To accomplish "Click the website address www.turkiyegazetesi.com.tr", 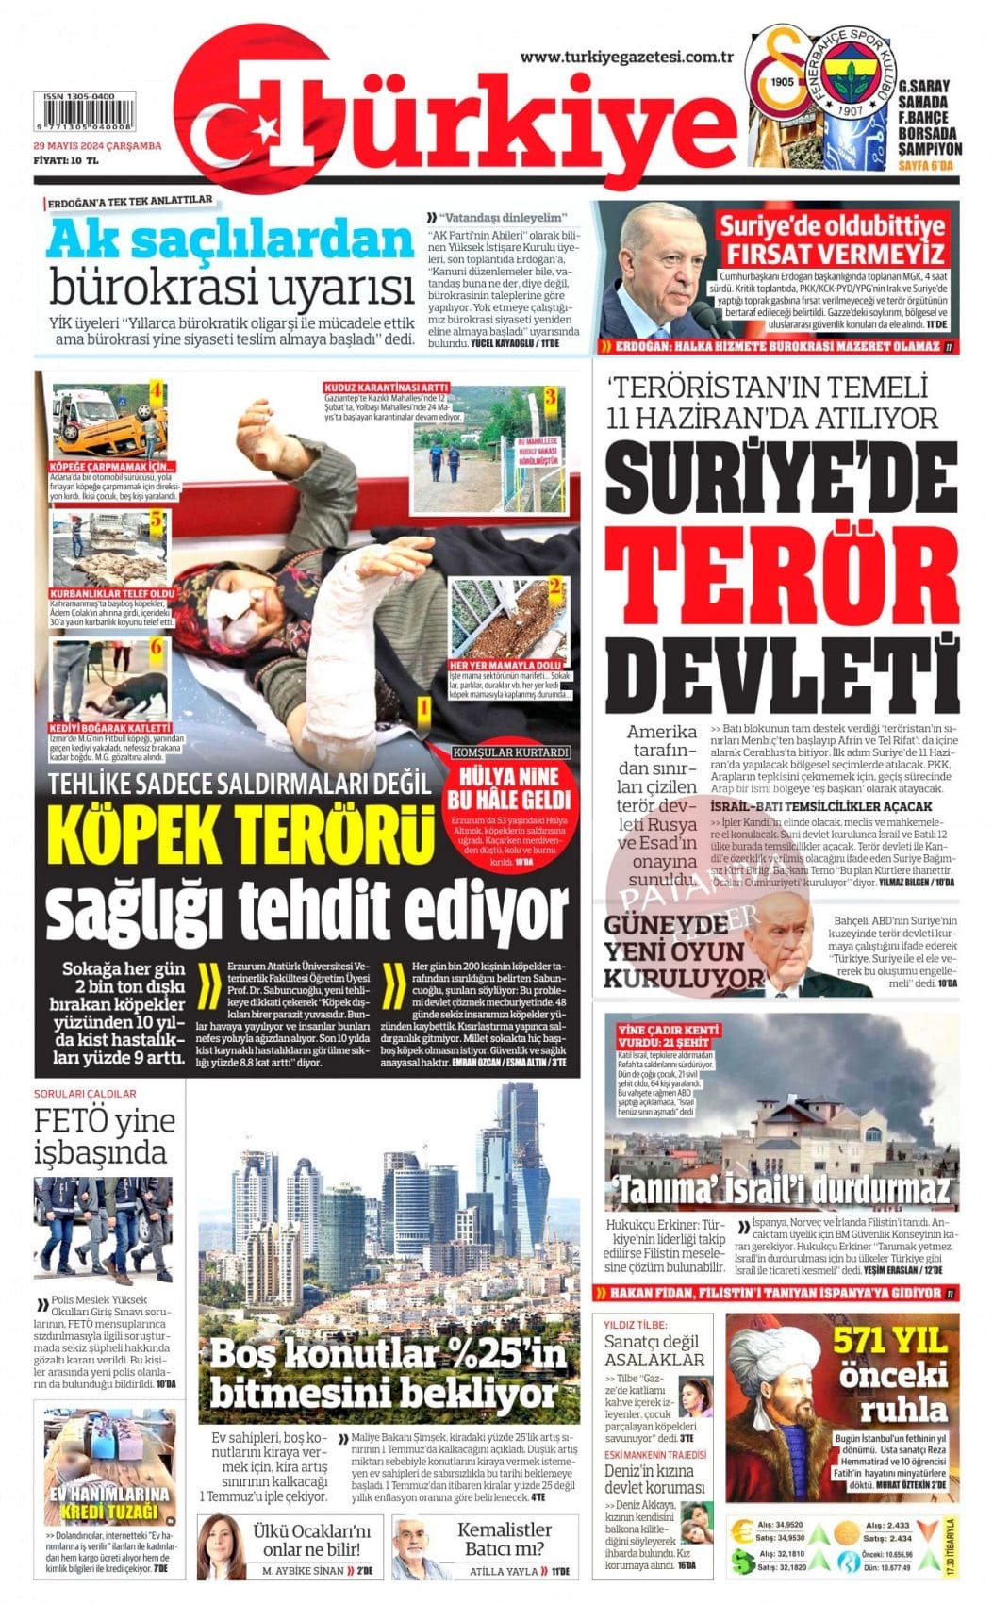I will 626,58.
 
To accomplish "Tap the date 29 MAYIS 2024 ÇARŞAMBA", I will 97,146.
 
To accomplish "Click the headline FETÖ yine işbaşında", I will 105,1135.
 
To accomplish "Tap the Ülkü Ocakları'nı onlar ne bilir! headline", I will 312,1540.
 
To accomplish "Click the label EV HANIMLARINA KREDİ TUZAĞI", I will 109,1502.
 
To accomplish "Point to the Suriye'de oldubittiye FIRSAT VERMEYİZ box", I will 833,240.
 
